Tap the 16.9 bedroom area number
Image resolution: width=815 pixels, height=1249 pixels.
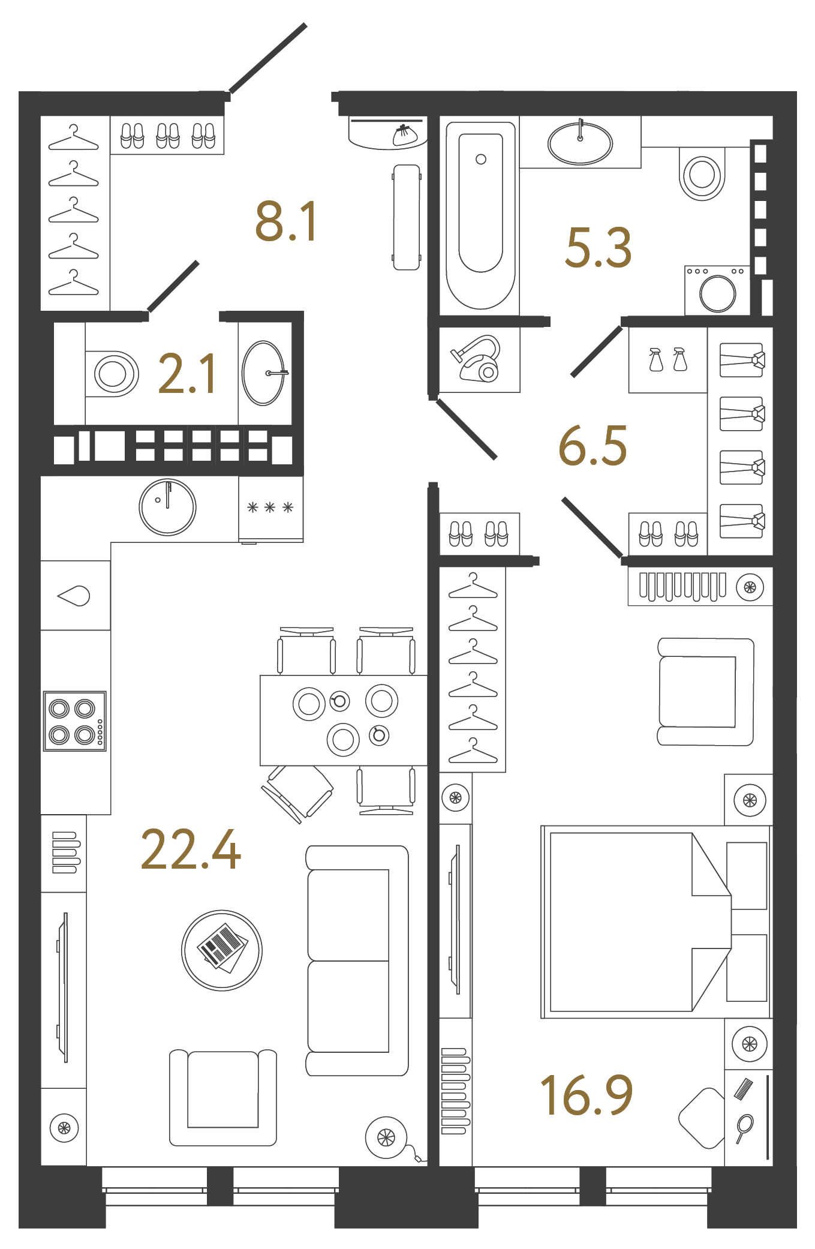tap(586, 1095)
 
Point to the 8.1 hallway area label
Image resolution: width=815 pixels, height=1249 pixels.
tap(286, 221)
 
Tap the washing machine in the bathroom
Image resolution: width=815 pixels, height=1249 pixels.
tap(717, 291)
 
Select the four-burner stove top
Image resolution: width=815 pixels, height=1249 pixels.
tap(75, 721)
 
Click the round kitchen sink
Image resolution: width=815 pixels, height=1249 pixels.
tap(167, 507)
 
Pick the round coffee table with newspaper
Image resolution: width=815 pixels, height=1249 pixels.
tap(222, 950)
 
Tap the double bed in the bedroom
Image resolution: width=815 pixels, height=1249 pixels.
tap(654, 921)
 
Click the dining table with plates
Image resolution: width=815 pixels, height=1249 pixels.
tap(343, 720)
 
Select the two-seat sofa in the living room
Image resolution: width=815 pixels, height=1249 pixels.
tap(357, 960)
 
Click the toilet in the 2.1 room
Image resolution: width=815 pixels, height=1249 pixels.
tap(113, 374)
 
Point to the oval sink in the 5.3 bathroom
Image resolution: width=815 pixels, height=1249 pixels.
tap(580, 143)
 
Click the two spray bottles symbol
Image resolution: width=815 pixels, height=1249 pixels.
tap(667, 359)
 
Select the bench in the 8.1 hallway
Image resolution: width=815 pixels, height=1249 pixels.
tap(406, 217)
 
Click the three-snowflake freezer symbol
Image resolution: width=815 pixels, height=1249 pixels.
tap(270, 508)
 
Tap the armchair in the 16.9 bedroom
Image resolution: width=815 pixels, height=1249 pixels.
tap(705, 691)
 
